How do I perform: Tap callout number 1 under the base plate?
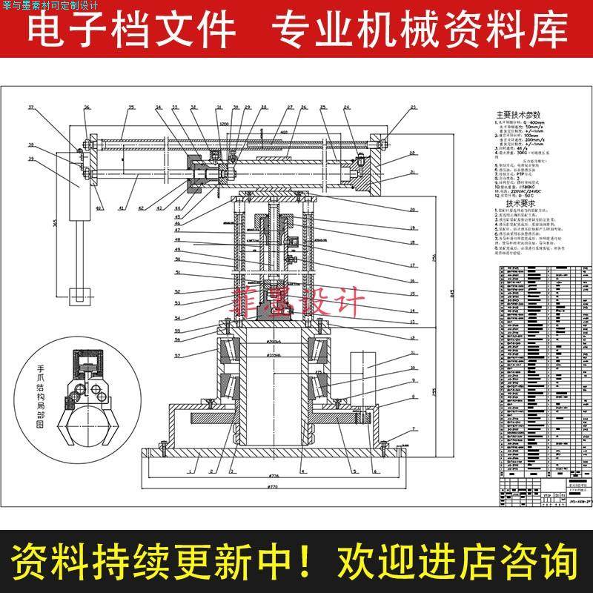click(191, 470)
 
